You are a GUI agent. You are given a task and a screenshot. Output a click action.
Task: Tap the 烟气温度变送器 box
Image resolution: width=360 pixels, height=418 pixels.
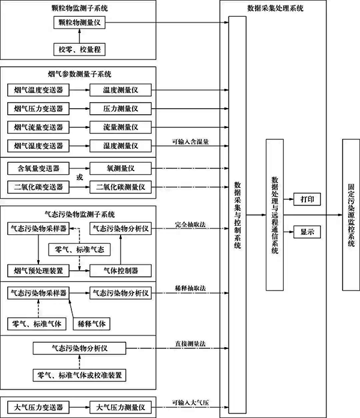38,91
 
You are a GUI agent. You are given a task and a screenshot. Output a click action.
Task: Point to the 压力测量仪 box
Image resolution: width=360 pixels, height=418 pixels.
121,109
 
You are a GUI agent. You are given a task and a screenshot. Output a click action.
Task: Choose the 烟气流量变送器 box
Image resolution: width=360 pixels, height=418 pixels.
38,127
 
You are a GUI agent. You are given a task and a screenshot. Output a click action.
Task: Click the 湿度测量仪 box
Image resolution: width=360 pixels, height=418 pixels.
121,146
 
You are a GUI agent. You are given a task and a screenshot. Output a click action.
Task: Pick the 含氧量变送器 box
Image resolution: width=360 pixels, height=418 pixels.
38,168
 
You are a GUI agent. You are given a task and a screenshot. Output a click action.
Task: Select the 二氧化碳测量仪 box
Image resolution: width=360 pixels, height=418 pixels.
121,187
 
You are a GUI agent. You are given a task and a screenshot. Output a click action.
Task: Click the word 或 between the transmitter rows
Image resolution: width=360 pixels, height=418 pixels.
80,177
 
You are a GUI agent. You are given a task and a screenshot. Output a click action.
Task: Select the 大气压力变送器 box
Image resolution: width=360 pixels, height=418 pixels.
38,407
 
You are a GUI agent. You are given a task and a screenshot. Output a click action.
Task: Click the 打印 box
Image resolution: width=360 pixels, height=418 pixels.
307,199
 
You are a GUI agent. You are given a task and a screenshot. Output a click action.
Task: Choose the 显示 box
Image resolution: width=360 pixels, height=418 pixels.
307,231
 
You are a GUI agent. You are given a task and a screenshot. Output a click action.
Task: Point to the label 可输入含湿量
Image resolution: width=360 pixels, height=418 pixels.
190,141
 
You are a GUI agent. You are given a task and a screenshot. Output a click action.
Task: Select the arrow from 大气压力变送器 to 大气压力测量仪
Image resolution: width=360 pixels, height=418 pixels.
80,407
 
